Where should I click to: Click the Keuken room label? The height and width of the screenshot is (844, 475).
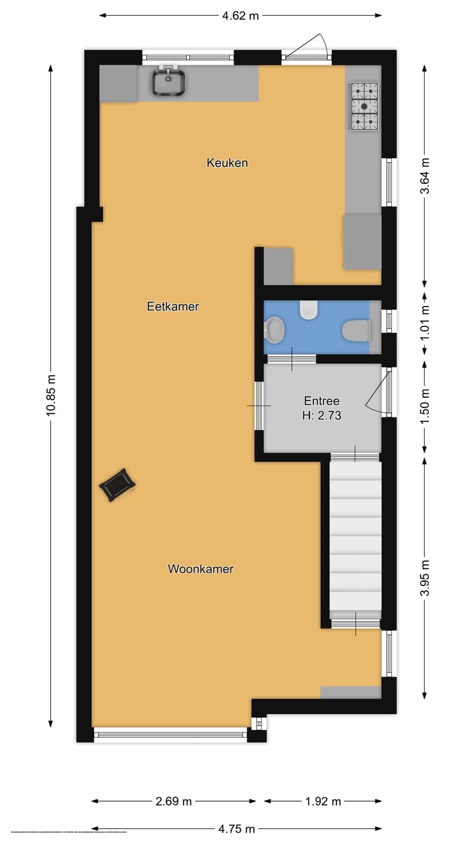pyautogui.click(x=227, y=162)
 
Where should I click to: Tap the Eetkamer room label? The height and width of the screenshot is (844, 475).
pyautogui.click(x=173, y=307)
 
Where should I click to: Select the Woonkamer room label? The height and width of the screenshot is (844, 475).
pyautogui.click(x=201, y=569)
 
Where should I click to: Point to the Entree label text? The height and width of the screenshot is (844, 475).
pyautogui.click(x=321, y=401)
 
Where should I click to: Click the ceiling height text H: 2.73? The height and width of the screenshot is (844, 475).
pyautogui.click(x=321, y=415)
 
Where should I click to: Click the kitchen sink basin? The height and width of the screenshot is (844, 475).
pyautogui.click(x=170, y=82)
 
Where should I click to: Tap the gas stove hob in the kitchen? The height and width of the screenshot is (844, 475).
pyautogui.click(x=365, y=105)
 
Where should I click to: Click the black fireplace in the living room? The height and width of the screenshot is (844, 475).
pyautogui.click(x=117, y=485)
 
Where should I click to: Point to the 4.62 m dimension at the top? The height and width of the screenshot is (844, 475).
pyautogui.click(x=241, y=16)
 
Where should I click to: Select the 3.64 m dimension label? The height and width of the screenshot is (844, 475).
pyautogui.click(x=426, y=176)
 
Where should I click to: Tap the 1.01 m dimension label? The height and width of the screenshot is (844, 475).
pyautogui.click(x=426, y=320)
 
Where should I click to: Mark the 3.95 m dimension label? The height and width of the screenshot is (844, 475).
pyautogui.click(x=426, y=578)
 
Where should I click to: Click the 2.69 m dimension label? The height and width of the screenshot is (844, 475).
pyautogui.click(x=174, y=802)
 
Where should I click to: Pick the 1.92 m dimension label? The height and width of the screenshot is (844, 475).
pyautogui.click(x=323, y=802)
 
